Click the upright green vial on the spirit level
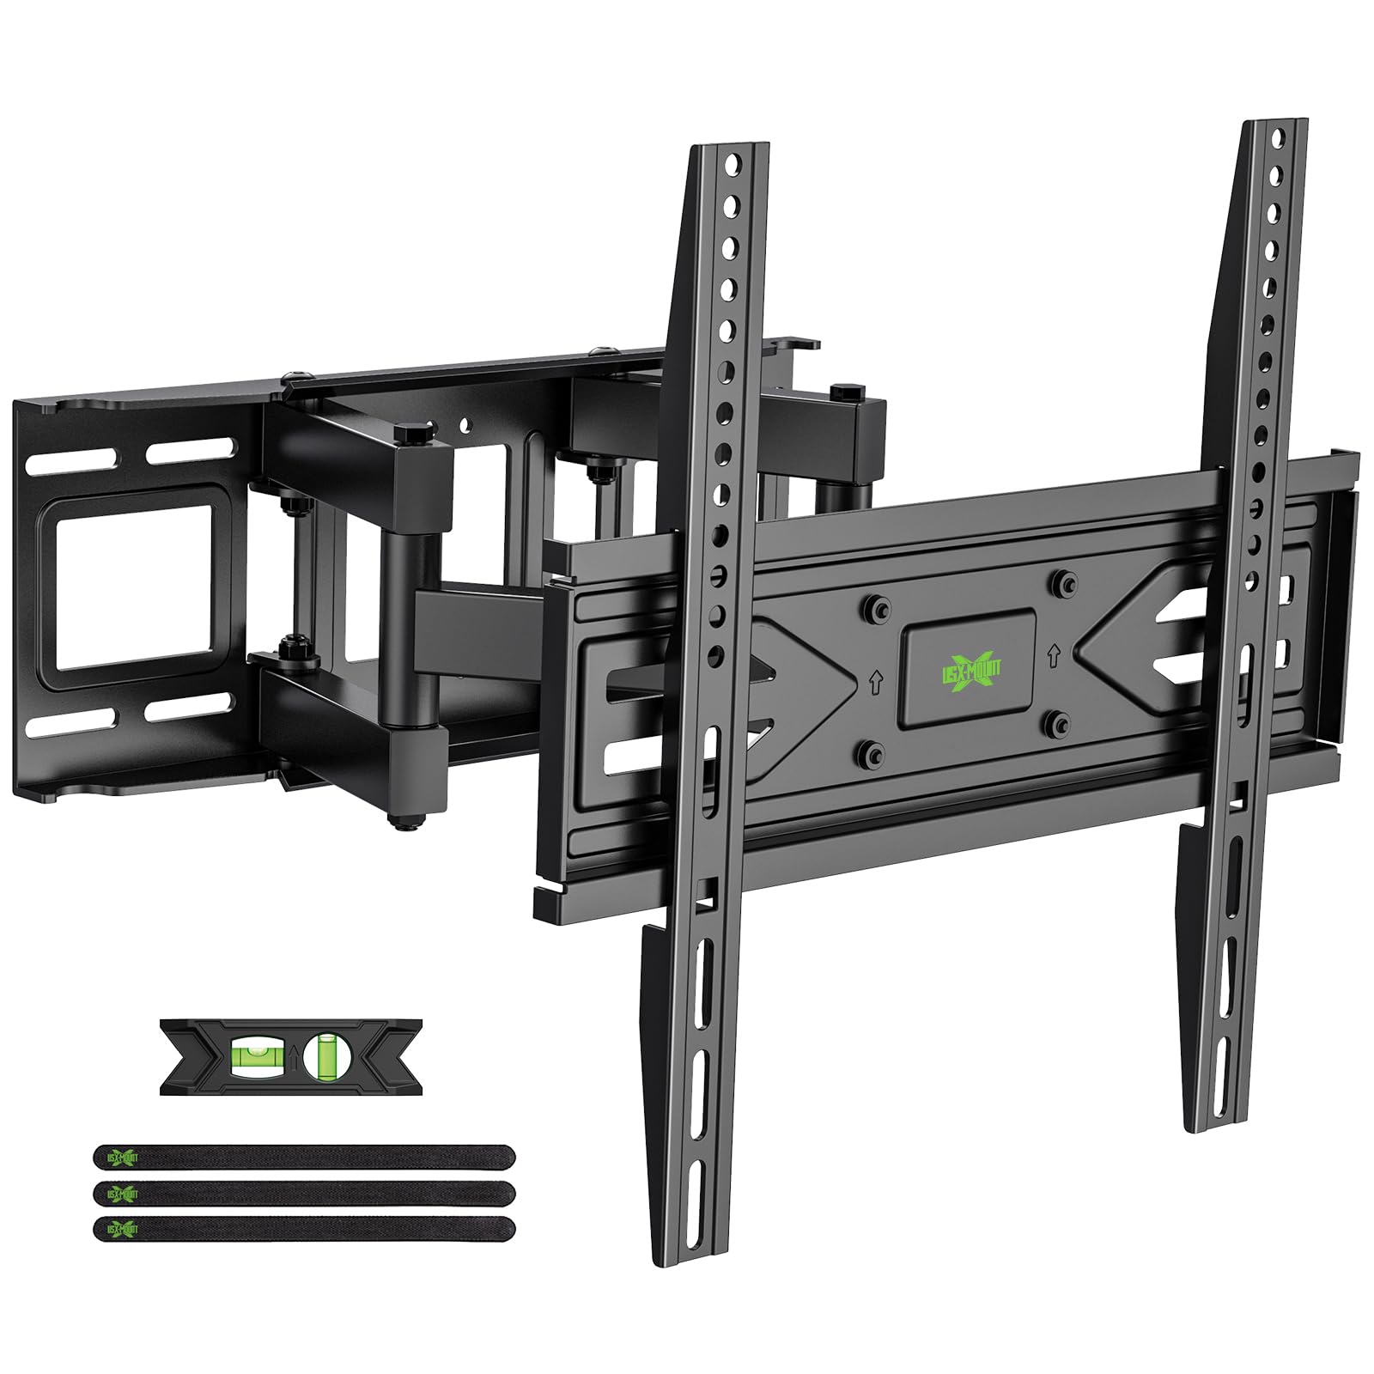325,1055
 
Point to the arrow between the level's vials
292,1055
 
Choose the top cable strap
304,1157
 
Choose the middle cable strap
304,1193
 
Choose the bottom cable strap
304,1229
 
